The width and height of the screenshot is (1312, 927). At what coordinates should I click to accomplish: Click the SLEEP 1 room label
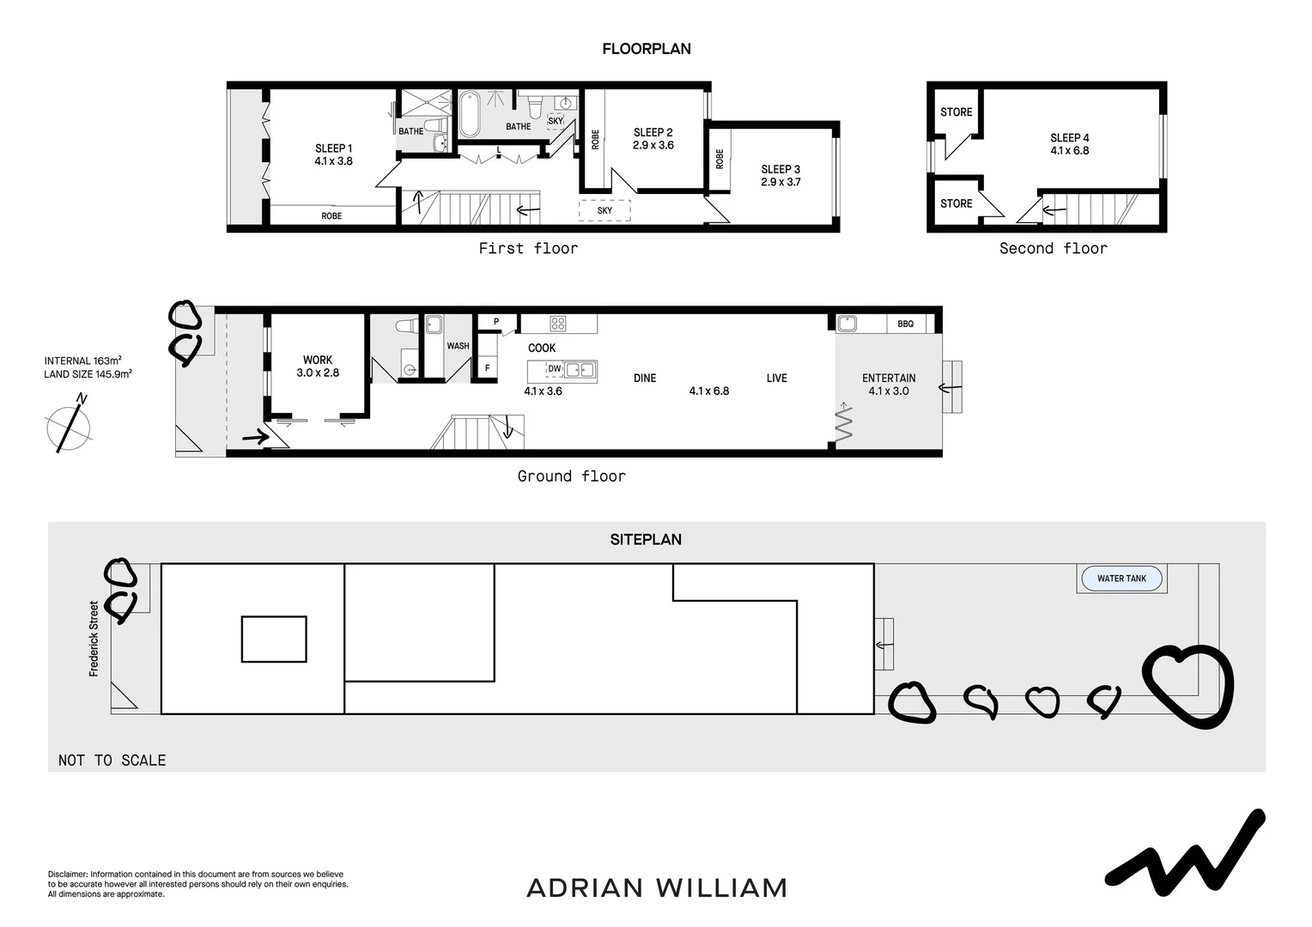(333, 148)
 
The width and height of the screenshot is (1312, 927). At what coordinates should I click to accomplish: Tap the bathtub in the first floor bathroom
(470, 115)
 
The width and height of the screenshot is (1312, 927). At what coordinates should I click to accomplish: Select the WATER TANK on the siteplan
(1121, 579)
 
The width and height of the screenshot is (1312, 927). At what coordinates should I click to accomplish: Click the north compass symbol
(70, 426)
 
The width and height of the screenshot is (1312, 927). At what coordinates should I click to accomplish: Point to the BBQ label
(905, 324)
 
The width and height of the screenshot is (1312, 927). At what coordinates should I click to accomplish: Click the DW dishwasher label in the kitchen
(555, 369)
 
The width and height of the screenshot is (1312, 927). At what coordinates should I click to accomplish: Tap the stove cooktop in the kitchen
(558, 324)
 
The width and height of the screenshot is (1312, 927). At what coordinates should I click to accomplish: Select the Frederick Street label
(94, 639)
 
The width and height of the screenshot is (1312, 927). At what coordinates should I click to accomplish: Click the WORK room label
(318, 360)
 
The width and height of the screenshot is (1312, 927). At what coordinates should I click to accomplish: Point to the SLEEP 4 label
(1070, 137)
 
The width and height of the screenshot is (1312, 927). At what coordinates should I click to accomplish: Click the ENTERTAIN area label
(889, 378)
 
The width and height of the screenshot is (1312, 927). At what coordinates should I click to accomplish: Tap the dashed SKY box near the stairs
(604, 210)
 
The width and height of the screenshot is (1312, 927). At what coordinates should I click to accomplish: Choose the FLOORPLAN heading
(647, 49)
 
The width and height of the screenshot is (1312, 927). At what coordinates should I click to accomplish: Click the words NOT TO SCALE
(112, 760)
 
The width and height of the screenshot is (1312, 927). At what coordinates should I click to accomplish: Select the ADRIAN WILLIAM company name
(657, 888)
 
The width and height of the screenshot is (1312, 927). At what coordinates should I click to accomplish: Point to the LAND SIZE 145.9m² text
(88, 374)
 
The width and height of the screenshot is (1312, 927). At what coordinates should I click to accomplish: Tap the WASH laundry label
(458, 346)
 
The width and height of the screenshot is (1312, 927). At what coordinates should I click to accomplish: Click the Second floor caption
(1053, 248)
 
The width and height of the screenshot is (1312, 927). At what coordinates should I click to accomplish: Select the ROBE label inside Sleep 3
(720, 160)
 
